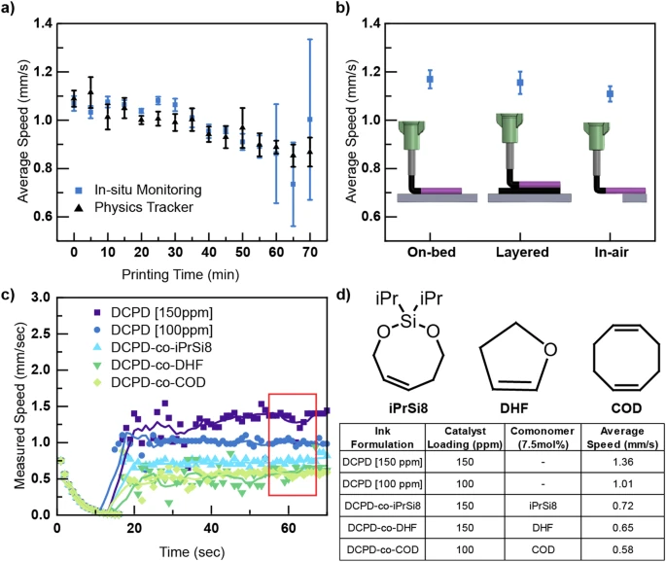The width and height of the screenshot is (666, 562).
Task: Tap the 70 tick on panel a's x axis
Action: (x=310, y=239)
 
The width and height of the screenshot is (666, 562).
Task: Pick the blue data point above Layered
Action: (x=520, y=83)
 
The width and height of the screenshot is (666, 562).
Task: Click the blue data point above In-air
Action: (x=610, y=94)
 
